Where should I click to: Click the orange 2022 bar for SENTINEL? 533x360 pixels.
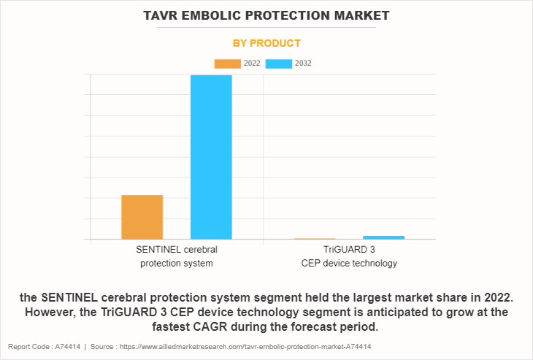coord(142,217)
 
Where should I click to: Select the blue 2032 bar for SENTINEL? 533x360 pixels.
coord(211,157)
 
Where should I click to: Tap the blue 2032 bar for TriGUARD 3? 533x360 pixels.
coord(383,237)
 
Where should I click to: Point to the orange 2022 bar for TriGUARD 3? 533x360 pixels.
coord(315,239)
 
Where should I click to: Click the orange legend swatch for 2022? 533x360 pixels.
coord(227,64)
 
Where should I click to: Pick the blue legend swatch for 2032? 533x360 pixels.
coord(278,64)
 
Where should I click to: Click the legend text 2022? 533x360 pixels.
coord(252,64)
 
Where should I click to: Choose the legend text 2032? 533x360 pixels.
coord(303,64)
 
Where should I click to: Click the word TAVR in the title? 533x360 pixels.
coord(164,15)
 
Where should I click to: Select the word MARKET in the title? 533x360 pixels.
coord(358,15)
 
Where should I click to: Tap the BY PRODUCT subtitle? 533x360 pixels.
coord(266,43)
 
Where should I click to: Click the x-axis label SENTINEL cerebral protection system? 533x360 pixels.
coord(177,256)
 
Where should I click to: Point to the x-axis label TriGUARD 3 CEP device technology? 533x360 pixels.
coord(349,256)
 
